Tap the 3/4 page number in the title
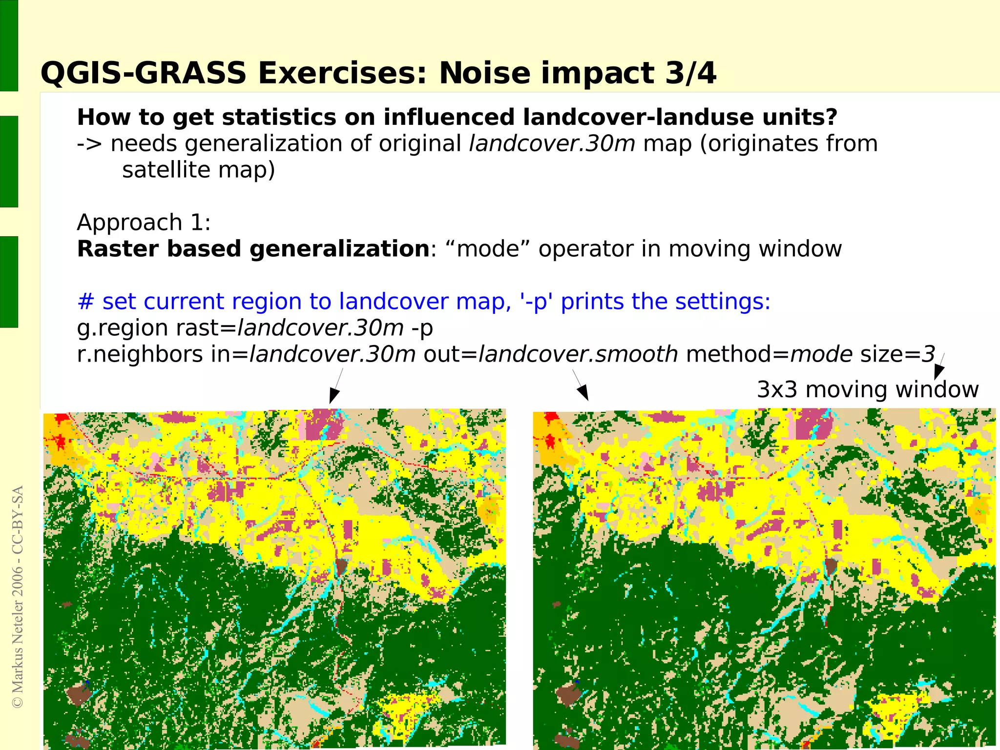coord(689,74)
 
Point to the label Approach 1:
coord(144,223)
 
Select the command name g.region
coord(123,328)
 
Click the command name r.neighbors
coord(140,354)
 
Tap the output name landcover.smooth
coord(578,354)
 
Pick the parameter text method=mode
coord(769,354)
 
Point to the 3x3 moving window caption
coord(868,390)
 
